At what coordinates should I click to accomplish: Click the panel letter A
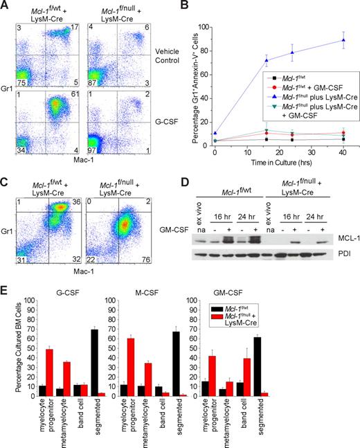coord(6,6)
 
